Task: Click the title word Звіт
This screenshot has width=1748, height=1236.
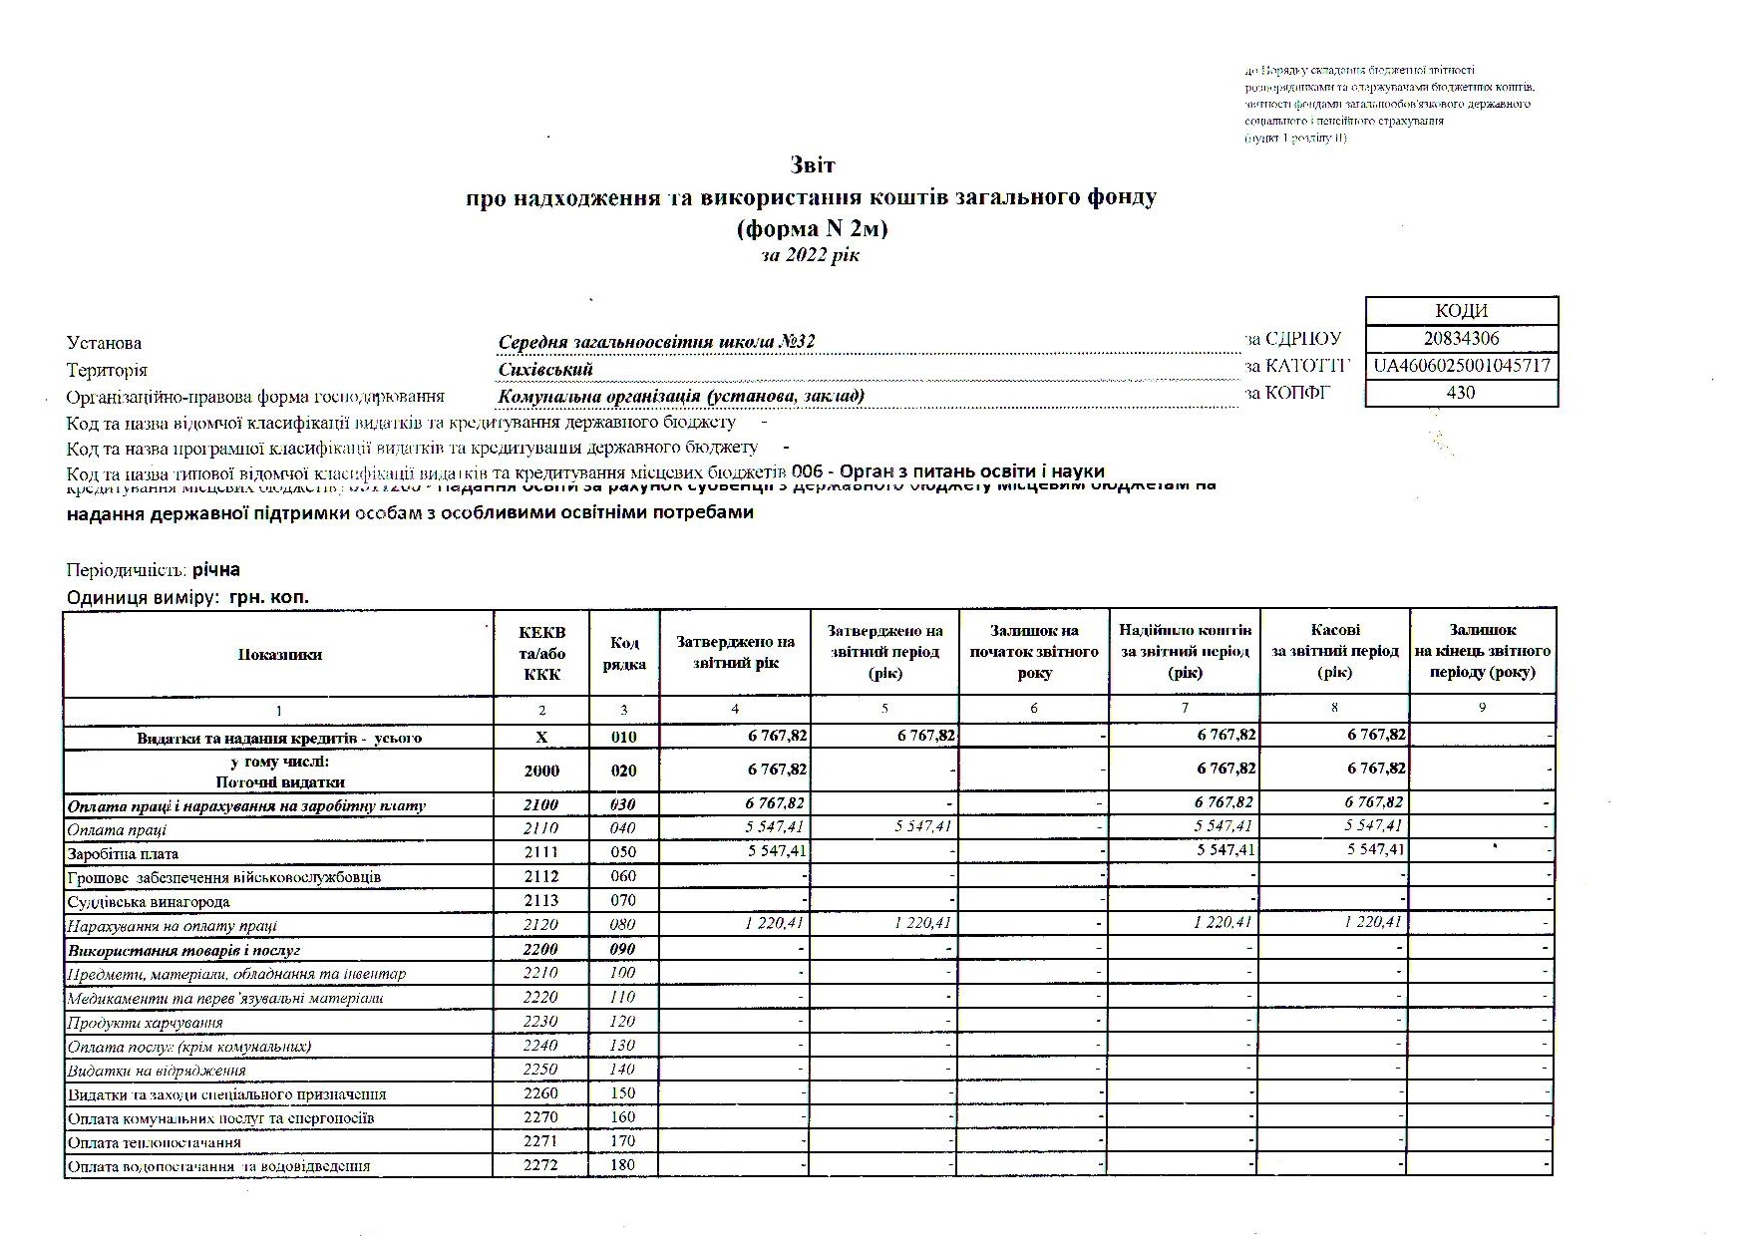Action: click(812, 164)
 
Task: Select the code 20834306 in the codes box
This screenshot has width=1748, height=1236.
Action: click(1461, 338)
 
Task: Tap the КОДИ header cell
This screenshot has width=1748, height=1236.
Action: click(1461, 311)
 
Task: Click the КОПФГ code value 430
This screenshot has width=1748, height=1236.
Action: click(1461, 393)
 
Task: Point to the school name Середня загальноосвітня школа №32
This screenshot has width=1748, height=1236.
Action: click(656, 342)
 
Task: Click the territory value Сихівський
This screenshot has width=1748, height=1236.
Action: click(545, 369)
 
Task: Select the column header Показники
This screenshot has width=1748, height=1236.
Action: click(279, 655)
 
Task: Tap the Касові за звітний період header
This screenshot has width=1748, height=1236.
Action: click(1334, 652)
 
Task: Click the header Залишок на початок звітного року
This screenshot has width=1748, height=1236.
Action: click(1034, 652)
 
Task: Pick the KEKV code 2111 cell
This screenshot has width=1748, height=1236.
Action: click(541, 852)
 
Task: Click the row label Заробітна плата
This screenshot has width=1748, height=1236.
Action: click(123, 854)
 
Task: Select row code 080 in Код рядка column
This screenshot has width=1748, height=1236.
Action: click(623, 925)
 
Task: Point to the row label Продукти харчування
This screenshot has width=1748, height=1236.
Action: click(145, 1023)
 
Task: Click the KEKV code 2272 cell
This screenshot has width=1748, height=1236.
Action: click(541, 1165)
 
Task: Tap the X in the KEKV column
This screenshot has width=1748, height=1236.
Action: click(541, 738)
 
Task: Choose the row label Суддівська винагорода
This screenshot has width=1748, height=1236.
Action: click(149, 902)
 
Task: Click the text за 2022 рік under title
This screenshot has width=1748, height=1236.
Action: click(810, 255)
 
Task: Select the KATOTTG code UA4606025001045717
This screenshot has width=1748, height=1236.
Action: click(1461, 366)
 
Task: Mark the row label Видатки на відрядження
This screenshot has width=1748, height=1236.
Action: click(156, 1071)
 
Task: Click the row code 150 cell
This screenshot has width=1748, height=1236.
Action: click(623, 1093)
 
